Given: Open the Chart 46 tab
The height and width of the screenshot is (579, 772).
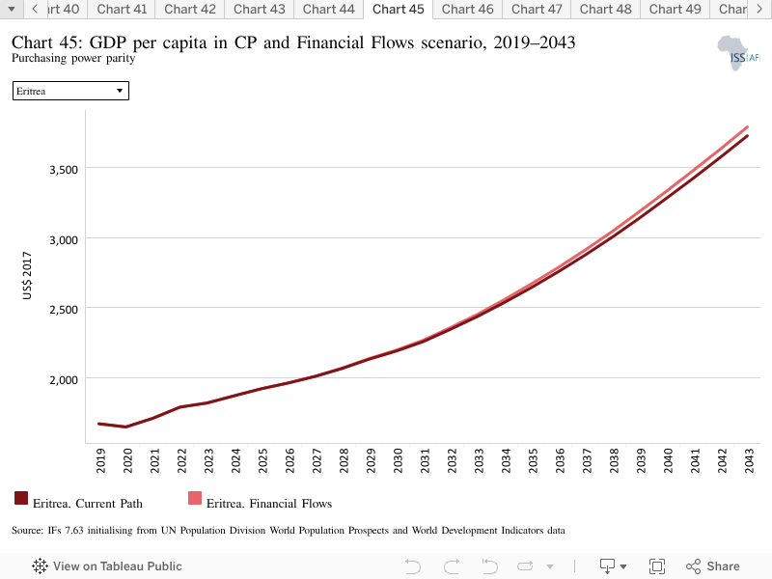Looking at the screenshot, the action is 467,10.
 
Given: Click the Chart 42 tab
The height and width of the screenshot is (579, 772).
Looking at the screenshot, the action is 189,10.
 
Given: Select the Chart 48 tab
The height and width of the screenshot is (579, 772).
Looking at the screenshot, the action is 605,10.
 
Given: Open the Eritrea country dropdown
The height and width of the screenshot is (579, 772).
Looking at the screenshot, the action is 70,91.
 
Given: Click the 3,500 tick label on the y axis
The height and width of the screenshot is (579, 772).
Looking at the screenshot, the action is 64,170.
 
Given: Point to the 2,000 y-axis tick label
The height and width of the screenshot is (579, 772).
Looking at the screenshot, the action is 64,380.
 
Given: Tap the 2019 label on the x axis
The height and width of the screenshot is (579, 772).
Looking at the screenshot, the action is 100,461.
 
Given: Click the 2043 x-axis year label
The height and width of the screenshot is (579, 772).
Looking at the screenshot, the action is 749,461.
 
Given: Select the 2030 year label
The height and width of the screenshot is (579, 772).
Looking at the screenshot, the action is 398,461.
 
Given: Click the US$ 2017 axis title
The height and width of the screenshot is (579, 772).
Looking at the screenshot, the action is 27,275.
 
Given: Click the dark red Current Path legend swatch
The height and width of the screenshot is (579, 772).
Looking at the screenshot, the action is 21,498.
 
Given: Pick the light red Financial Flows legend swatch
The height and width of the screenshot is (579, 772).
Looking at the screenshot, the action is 195,498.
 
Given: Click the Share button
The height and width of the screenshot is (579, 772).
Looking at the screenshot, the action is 712,566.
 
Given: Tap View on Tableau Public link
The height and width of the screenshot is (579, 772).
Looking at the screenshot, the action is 107,566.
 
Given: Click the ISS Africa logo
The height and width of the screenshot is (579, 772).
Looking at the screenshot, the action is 738,53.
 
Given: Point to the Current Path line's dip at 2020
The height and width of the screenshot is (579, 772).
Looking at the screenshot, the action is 126,427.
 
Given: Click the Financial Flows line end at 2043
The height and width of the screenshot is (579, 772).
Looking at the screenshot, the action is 748,127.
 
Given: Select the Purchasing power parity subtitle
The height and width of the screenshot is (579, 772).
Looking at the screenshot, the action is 73,58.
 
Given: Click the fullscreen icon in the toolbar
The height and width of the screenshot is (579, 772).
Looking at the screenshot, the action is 657,566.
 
